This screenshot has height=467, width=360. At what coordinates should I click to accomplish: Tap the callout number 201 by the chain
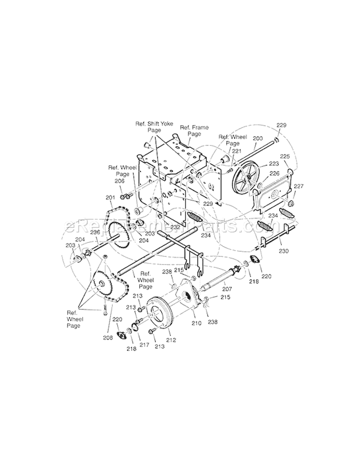[110, 198]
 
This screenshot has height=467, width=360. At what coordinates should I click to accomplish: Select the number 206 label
[119, 181]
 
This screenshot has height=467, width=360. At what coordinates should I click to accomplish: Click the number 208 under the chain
[108, 337]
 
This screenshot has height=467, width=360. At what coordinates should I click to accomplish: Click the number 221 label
[236, 151]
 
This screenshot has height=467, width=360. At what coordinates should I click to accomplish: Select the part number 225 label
[285, 156]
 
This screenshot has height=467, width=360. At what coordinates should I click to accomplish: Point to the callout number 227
[299, 186]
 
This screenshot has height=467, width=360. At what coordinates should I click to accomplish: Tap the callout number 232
[161, 227]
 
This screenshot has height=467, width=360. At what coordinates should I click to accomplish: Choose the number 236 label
[95, 232]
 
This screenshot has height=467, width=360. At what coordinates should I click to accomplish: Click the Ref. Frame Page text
[191, 131]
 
